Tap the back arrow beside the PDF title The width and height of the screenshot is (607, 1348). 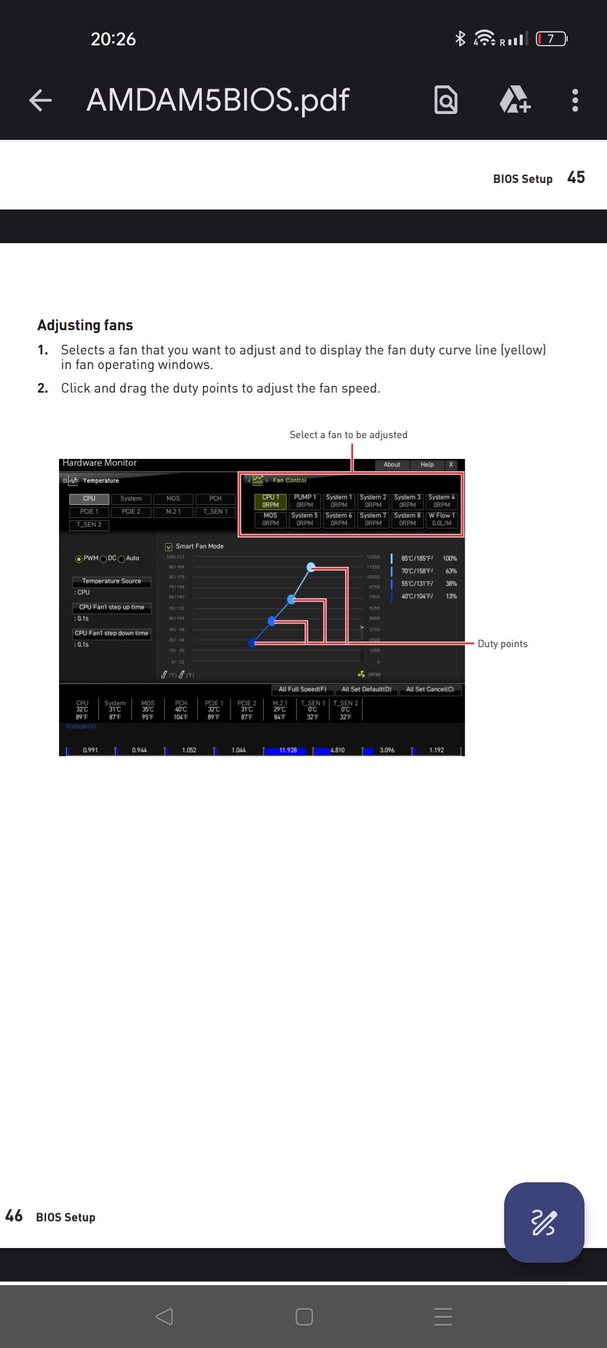[x=40, y=101]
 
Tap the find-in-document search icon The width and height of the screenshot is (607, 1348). [x=446, y=101]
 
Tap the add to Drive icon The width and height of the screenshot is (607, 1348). [x=515, y=101]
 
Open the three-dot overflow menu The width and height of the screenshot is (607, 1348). [x=574, y=101]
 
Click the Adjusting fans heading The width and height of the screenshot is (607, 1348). [x=85, y=325]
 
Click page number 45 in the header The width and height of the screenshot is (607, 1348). [x=576, y=177]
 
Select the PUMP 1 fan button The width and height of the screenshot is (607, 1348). [x=305, y=501]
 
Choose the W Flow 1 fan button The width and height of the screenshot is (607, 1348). [x=442, y=519]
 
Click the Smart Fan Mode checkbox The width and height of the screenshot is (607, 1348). [x=169, y=547]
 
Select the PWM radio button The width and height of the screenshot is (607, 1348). [x=79, y=559]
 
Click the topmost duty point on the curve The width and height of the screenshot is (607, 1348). [x=311, y=567]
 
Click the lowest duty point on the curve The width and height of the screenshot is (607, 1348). [x=252, y=643]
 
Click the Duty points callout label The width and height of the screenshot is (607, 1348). [x=502, y=644]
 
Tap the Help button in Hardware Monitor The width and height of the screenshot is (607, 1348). [x=427, y=464]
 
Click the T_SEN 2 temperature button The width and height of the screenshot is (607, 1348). [x=89, y=525]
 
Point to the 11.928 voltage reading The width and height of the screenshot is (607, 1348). [x=288, y=750]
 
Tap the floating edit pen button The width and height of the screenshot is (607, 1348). [x=543, y=1222]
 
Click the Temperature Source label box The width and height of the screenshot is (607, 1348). [x=111, y=581]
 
